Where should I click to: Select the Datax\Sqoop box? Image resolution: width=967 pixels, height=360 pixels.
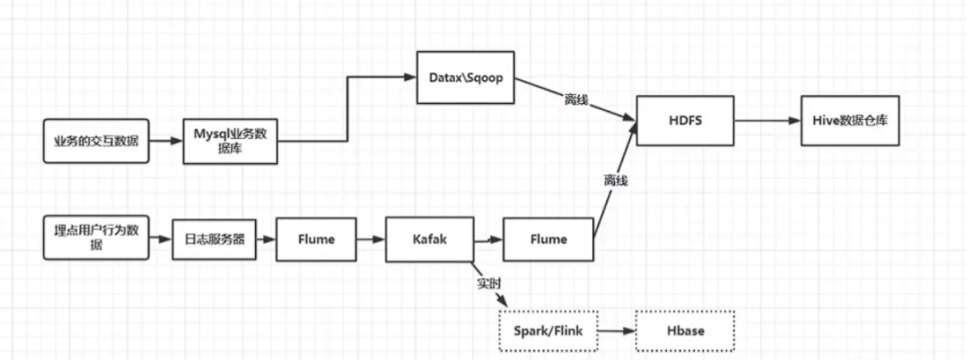(461, 77)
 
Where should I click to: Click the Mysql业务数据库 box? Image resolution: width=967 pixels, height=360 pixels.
(230, 141)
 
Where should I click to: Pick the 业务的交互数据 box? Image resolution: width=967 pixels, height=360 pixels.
(95, 141)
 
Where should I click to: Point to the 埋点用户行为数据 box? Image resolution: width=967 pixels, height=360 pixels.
(95, 237)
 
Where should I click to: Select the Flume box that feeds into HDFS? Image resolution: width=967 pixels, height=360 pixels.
(547, 239)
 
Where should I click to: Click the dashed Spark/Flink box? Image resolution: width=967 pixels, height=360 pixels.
(547, 331)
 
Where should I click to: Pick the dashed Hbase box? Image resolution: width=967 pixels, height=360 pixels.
(685, 331)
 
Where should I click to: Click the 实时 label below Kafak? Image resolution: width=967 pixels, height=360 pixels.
(489, 283)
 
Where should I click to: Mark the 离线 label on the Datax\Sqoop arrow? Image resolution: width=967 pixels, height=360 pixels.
(576, 98)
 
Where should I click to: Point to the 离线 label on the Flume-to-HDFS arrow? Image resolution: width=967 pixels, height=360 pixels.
(616, 181)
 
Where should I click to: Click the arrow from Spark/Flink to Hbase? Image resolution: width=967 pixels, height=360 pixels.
(616, 331)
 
